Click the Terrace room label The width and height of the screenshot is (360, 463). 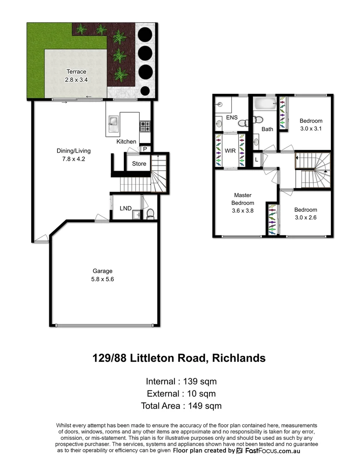click(x=76, y=72)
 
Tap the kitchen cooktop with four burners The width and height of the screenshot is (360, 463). click(x=145, y=126)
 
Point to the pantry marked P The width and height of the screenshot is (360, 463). click(x=145, y=149)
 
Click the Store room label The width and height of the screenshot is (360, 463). click(x=139, y=164)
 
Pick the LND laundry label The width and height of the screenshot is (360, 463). click(x=126, y=208)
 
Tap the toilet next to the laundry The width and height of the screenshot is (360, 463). click(x=150, y=213)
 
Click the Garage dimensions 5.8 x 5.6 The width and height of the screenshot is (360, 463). click(x=102, y=279)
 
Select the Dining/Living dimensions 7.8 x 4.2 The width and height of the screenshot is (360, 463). click(x=74, y=159)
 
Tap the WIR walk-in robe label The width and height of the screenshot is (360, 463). click(x=230, y=151)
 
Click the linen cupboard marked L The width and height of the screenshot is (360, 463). click(x=256, y=159)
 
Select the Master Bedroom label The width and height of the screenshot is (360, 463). click(x=243, y=199)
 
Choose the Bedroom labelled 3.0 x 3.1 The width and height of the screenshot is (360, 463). click(x=311, y=124)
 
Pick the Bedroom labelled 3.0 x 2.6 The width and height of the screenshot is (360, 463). click(x=306, y=213)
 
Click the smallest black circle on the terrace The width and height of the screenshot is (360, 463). click(x=145, y=90)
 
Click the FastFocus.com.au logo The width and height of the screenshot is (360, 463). click(x=268, y=451)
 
